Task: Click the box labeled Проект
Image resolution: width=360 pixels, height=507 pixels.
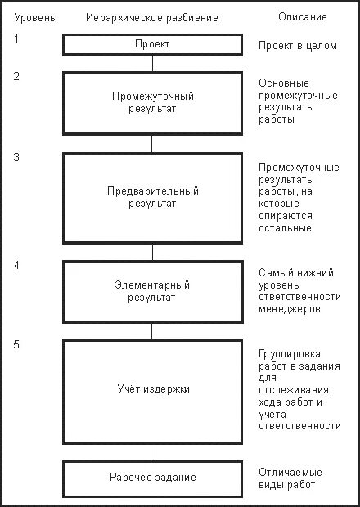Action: tap(151, 44)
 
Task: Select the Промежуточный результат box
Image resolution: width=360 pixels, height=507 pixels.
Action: tap(151, 102)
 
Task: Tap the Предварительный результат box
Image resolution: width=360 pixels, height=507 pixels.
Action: tap(151, 197)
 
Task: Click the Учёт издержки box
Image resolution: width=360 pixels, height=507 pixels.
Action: tap(151, 389)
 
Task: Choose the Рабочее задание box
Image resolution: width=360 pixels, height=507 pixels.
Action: tap(151, 477)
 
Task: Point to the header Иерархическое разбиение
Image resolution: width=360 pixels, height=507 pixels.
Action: tap(152, 17)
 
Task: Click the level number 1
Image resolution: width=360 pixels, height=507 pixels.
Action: tap(16, 39)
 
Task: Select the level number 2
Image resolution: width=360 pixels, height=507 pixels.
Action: tap(16, 77)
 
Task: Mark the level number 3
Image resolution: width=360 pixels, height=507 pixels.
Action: tap(16, 159)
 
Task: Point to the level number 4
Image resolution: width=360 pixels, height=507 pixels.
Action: tap(16, 267)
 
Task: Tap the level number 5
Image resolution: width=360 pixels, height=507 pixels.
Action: tap(16, 344)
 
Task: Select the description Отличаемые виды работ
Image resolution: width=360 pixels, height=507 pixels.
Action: tap(290, 478)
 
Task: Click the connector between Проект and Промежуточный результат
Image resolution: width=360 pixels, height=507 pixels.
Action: tap(151, 64)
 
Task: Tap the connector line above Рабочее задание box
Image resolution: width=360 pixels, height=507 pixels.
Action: tap(151, 453)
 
